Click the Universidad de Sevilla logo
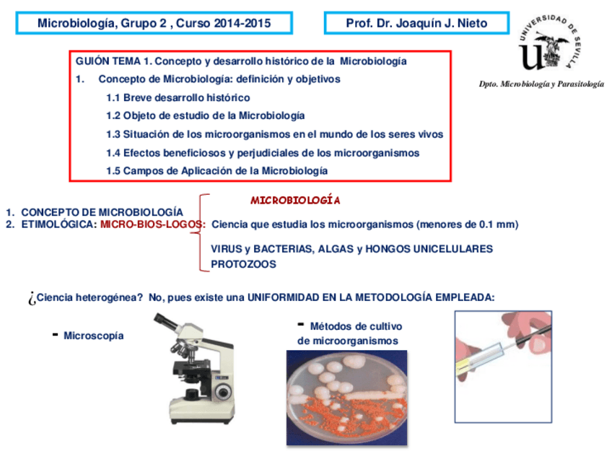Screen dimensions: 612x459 (549, 43)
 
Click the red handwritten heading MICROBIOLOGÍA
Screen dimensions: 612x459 (295, 200)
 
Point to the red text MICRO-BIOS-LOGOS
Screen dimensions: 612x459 (151, 224)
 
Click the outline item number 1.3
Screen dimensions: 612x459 (113, 134)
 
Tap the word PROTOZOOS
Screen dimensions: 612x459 (243, 264)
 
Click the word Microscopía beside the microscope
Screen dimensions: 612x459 (94, 336)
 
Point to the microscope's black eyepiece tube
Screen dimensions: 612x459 (167, 322)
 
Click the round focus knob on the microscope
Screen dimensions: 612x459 (223, 390)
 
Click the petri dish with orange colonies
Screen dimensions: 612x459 (346, 398)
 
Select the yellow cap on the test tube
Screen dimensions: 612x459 (463, 367)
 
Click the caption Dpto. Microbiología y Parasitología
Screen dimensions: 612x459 (541, 84)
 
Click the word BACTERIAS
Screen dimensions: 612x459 (284, 249)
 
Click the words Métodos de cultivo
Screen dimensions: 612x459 (356, 326)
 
